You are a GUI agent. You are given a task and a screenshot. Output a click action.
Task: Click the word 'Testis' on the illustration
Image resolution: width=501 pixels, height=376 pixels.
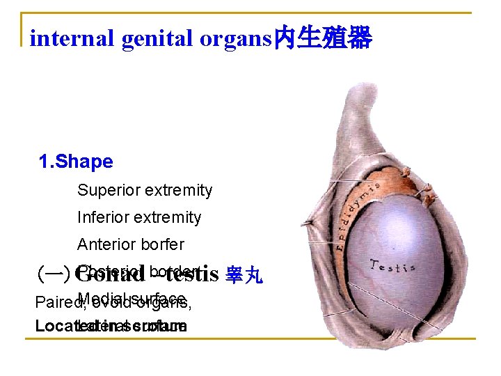click(x=392, y=265)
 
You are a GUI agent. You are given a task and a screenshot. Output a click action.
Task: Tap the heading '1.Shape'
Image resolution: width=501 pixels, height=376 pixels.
click(x=76, y=162)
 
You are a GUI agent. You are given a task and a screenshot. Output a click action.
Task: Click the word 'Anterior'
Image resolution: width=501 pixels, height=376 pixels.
click(x=104, y=244)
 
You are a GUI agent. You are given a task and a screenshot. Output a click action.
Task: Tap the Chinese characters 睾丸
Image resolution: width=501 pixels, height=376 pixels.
click(x=244, y=276)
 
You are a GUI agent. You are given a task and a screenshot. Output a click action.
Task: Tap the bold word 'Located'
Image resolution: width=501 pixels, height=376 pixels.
click(x=56, y=326)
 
